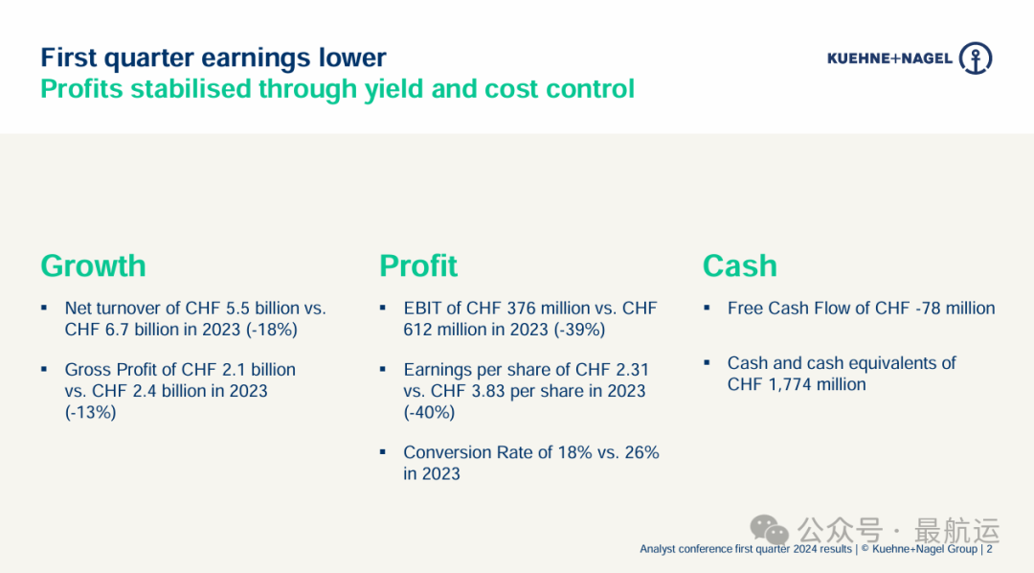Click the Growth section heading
click(93, 266)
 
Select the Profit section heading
click(418, 266)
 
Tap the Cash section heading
click(740, 266)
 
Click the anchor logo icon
click(976, 58)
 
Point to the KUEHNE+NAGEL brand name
click(889, 58)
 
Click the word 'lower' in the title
click(352, 58)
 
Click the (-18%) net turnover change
click(272, 330)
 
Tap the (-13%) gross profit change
click(90, 413)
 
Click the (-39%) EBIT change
click(579, 330)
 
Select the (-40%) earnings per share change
click(429, 413)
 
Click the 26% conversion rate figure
click(641, 452)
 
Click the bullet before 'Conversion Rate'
click(382, 452)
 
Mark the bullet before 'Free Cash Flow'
click(707, 308)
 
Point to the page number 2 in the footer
click(989, 549)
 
